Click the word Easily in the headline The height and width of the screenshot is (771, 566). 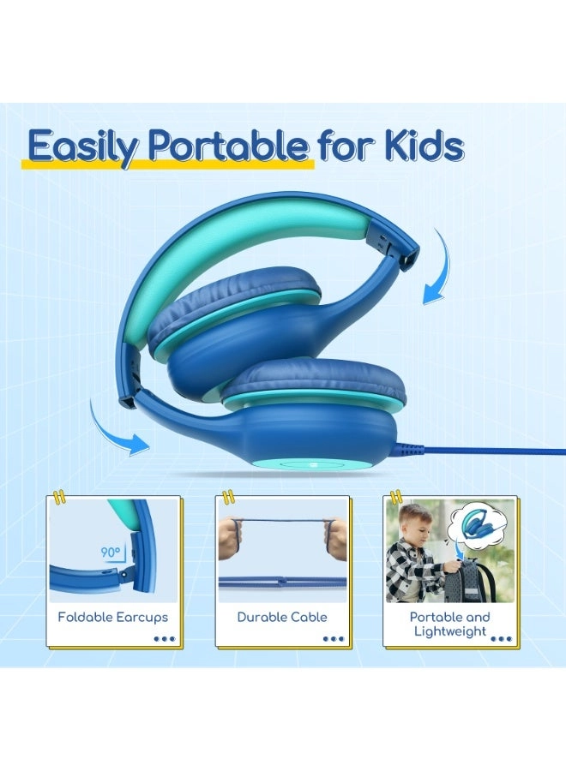pyautogui.click(x=83, y=147)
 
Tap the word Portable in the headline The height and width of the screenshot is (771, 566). pyautogui.click(x=227, y=147)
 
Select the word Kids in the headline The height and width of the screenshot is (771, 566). pyautogui.click(x=421, y=147)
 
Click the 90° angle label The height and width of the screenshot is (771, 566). pyautogui.click(x=111, y=553)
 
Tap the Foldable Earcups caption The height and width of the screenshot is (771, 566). pyautogui.click(x=113, y=617)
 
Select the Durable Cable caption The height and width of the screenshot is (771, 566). pyautogui.click(x=281, y=617)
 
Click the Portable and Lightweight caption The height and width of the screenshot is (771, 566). pyautogui.click(x=449, y=624)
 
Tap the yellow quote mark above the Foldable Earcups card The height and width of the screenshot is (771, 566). pyautogui.click(x=58, y=496)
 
